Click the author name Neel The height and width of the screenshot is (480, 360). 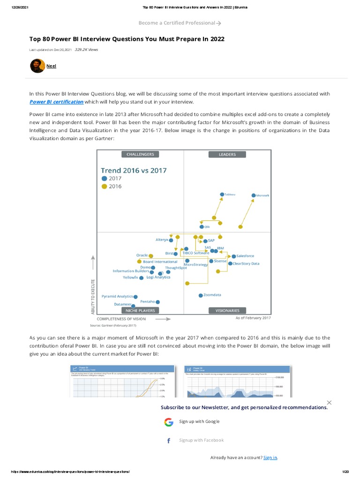51,66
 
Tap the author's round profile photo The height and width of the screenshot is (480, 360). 37,66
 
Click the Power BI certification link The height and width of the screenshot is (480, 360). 56,102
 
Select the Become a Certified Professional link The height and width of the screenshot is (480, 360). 180,22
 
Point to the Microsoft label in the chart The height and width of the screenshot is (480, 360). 262,195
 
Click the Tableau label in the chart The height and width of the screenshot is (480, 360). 230,194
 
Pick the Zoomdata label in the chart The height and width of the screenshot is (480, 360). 212,295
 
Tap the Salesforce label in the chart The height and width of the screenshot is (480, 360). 245,256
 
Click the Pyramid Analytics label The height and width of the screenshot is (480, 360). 117,296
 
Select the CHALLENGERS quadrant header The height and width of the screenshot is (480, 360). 140,154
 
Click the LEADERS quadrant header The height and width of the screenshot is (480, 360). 227,154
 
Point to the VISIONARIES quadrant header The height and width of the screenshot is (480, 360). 227,310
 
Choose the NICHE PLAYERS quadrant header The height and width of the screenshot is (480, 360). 140,310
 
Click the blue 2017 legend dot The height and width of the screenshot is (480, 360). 104,179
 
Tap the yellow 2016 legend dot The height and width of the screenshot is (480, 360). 104,187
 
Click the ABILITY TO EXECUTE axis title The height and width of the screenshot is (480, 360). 93,296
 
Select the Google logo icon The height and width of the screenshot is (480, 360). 169,422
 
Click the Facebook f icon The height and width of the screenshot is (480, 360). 169,441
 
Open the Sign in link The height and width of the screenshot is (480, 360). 270,457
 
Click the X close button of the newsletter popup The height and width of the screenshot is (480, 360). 329,403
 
